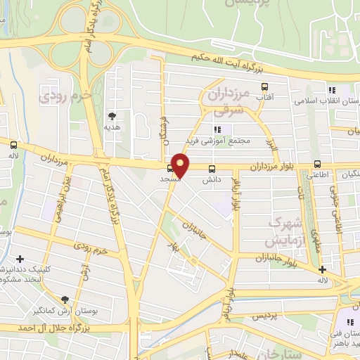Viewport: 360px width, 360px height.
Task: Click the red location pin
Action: (181, 164)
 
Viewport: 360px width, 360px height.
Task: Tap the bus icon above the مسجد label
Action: (170, 169)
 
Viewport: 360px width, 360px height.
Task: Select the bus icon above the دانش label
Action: (212, 169)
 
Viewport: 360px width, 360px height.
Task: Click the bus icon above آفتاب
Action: (265, 87)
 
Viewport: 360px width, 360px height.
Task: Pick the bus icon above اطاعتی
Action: (317, 165)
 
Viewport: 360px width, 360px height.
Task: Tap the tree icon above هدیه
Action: (112, 116)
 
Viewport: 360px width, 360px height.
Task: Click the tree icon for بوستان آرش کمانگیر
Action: (65, 300)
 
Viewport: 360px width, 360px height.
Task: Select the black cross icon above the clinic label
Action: (20, 259)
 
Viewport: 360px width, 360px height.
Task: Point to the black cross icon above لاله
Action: (322, 269)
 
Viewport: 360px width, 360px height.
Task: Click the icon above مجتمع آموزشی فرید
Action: (217, 129)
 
